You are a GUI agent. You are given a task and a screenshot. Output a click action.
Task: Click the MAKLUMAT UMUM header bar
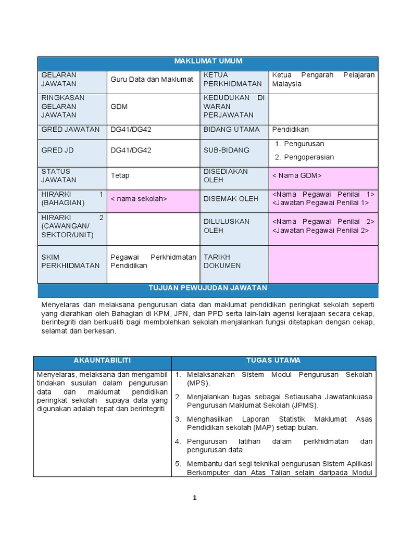(x=208, y=61)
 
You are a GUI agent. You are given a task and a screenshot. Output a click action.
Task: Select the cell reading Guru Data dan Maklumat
(x=152, y=80)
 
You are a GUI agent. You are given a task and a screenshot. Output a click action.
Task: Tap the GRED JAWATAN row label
(x=70, y=130)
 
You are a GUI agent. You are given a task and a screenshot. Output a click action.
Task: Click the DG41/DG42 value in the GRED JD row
(x=131, y=150)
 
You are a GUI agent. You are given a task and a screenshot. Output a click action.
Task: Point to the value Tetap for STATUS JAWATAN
(x=119, y=176)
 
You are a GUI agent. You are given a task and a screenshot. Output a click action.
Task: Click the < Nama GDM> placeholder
(x=297, y=175)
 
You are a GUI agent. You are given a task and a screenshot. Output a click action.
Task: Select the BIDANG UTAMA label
(x=227, y=130)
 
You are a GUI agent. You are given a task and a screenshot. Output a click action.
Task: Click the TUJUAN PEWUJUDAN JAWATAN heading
(x=208, y=288)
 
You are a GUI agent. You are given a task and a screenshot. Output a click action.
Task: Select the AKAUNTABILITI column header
(x=102, y=361)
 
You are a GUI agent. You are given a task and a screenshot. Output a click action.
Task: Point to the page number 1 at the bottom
(x=195, y=498)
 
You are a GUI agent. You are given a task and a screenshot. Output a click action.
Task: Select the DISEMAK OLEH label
(x=223, y=199)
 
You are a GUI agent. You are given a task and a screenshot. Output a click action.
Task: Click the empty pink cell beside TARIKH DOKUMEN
(x=323, y=264)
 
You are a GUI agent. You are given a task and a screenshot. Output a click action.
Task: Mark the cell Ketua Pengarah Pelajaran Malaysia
(x=323, y=80)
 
